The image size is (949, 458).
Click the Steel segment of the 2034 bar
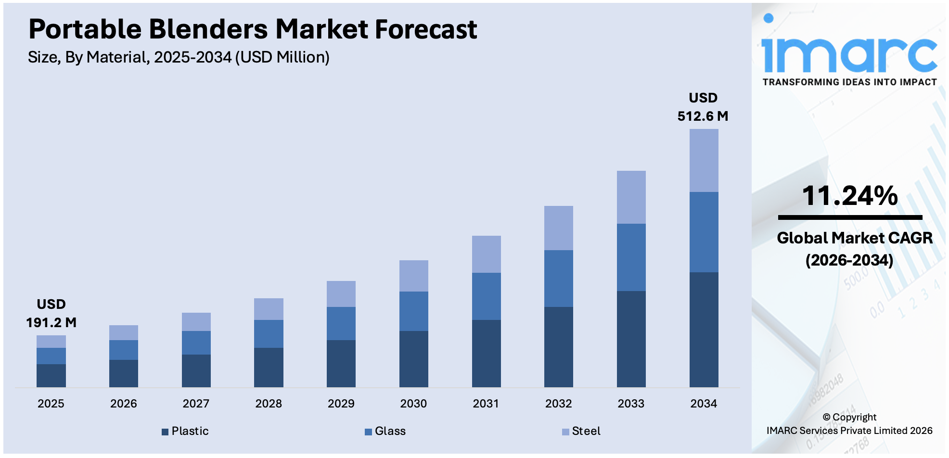click(704, 160)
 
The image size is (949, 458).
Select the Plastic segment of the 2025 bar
click(51, 375)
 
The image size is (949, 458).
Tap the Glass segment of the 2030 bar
click(413, 311)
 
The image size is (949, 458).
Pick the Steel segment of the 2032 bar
click(558, 228)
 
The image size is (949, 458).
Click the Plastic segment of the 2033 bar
click(631, 339)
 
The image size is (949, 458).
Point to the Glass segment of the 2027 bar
click(196, 343)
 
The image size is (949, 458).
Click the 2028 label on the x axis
click(268, 404)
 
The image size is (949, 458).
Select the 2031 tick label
click(486, 404)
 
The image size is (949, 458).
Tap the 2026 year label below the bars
click(123, 404)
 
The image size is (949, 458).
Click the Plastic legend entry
click(185, 431)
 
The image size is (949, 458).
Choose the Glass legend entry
click(385, 431)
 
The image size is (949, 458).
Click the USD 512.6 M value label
click(703, 107)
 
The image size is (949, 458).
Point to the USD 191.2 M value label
click(51, 313)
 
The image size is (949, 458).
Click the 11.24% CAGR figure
click(849, 196)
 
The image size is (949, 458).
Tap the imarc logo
click(849, 53)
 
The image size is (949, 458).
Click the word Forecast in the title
click(425, 29)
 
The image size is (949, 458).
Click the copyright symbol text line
click(849, 417)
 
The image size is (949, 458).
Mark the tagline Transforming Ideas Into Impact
click(849, 82)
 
